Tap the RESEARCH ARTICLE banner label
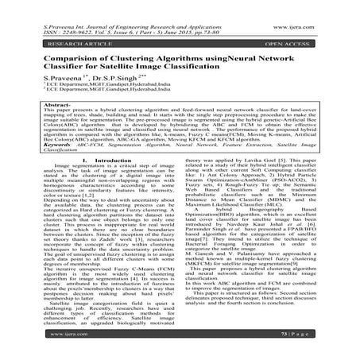point(47,33)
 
